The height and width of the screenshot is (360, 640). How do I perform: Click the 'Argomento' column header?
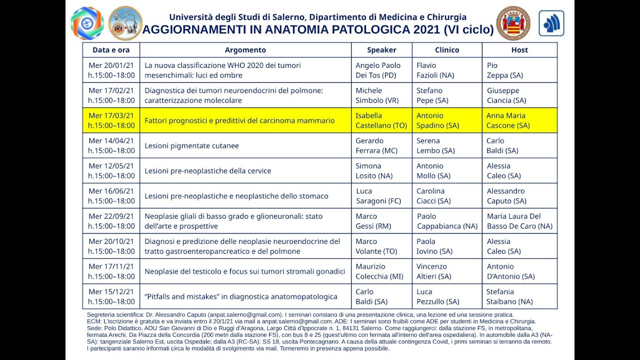tap(245, 50)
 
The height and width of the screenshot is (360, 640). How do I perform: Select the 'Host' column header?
tap(519, 50)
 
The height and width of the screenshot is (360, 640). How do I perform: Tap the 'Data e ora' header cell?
tap(111, 50)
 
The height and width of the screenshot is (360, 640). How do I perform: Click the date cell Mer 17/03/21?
tap(111, 120)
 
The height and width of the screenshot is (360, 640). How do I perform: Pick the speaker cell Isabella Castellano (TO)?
tap(381, 120)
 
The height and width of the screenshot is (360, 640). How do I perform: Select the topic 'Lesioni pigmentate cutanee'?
tap(192, 146)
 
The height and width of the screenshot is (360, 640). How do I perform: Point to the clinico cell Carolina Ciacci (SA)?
tap(433, 196)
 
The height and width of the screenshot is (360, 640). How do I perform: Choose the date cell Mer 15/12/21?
tap(111, 296)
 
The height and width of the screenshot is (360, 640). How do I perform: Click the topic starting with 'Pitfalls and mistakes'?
tap(241, 297)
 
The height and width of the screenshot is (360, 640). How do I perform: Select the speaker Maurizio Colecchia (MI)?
tap(379, 271)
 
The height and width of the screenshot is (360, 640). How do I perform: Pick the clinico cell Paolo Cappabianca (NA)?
tap(447, 221)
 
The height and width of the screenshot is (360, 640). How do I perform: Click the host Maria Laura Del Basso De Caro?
tap(519, 221)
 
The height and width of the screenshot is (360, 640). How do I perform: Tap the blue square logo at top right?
tap(551, 23)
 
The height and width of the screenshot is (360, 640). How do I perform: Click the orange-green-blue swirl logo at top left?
tap(87, 23)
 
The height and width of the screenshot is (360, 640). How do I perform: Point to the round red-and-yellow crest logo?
tap(513, 23)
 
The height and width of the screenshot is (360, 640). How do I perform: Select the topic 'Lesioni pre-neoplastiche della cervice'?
tap(208, 171)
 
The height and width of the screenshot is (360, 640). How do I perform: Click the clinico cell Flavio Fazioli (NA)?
tap(435, 70)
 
